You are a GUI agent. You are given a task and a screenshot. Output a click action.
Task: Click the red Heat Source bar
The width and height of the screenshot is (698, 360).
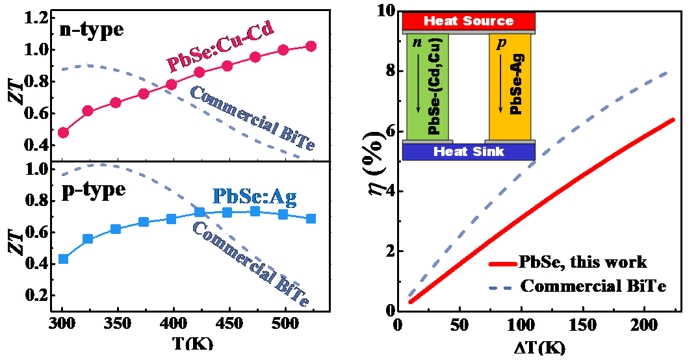click(469, 21)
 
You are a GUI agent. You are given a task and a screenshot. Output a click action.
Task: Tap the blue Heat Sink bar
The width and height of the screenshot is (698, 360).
click(469, 151)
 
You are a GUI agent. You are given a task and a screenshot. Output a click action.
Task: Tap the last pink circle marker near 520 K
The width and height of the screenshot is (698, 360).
click(311, 46)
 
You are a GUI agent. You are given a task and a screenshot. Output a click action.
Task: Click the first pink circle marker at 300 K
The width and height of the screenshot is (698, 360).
click(63, 133)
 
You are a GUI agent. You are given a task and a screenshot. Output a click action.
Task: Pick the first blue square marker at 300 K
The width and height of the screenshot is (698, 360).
click(63, 259)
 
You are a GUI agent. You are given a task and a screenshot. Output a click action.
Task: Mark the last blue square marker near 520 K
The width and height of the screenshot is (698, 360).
click(311, 219)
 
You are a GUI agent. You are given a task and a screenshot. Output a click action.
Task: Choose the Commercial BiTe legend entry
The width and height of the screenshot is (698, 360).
click(593, 286)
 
